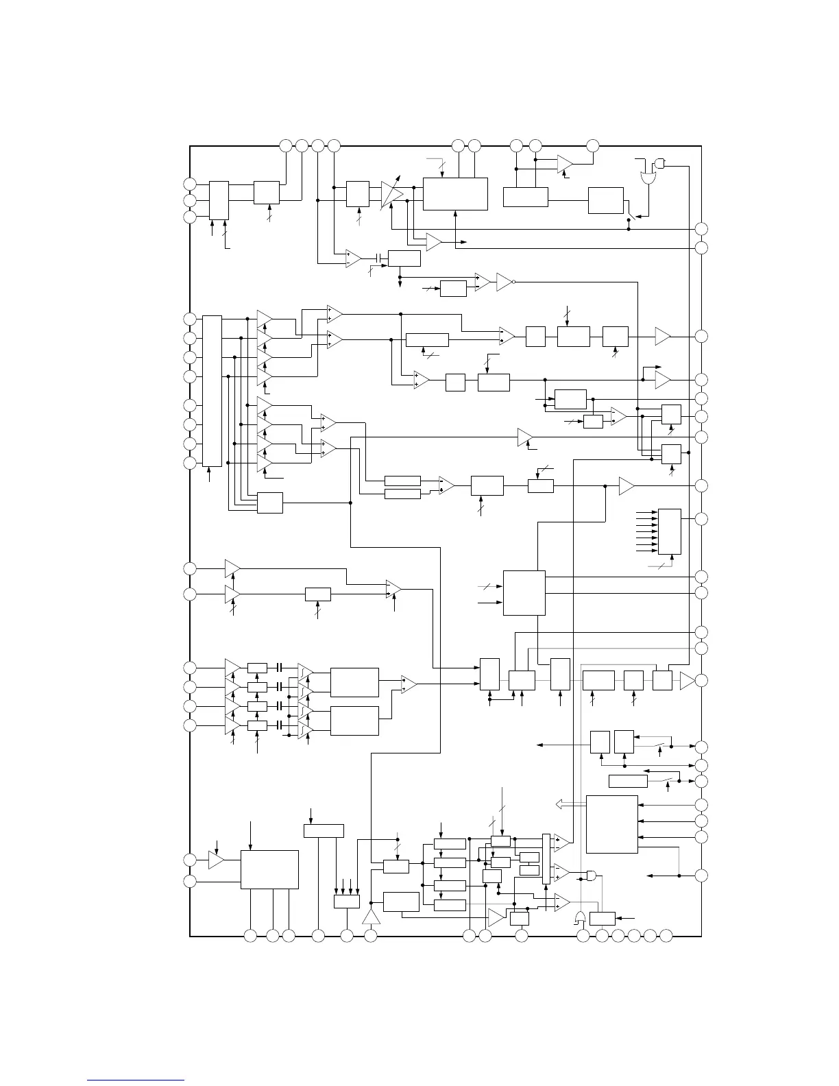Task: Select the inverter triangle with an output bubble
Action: tap(504, 281)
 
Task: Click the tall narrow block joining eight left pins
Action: tap(212, 390)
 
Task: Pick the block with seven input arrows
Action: tap(669, 531)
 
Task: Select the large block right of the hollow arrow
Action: tap(612, 824)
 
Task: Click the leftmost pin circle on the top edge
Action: tap(287, 145)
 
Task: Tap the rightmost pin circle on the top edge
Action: tap(593, 145)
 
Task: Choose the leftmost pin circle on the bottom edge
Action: tap(250, 935)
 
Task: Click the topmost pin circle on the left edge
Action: tap(190, 184)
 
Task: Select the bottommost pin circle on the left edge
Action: tap(190, 880)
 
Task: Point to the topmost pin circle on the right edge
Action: tap(701, 229)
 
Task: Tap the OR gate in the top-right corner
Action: tap(647, 176)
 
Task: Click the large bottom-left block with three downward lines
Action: tap(269, 869)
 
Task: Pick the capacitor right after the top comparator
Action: tap(378, 258)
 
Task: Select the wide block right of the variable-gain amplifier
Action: tap(455, 194)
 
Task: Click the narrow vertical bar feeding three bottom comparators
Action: tap(546, 858)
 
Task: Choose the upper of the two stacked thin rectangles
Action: tap(402, 481)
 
